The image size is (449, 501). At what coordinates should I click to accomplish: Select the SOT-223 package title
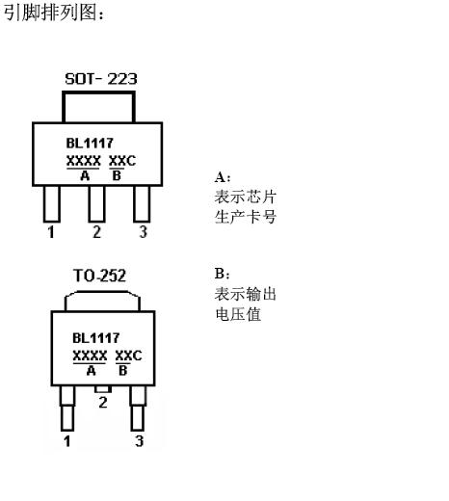pyautogui.click(x=101, y=79)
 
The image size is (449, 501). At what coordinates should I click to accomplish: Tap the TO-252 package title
pyautogui.click(x=100, y=276)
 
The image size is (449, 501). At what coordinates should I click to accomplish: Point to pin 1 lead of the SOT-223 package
pyautogui.click(x=52, y=204)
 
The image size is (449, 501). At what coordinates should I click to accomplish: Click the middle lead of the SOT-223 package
pyautogui.click(x=96, y=204)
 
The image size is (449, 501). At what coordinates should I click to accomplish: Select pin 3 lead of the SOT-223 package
pyautogui.click(x=142, y=204)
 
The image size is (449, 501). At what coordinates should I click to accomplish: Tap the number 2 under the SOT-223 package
pyautogui.click(x=96, y=232)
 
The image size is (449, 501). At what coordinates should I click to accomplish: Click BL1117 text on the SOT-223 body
pyautogui.click(x=90, y=144)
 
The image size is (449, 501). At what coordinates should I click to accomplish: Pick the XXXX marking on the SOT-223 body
pyautogui.click(x=84, y=161)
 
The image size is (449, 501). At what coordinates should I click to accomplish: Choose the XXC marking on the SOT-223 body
pyautogui.click(x=122, y=161)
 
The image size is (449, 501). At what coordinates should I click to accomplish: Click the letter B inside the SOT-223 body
pyautogui.click(x=117, y=175)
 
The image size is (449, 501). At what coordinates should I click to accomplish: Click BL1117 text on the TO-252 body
pyautogui.click(x=96, y=338)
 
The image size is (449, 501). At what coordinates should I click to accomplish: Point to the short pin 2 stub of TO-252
pyautogui.click(x=103, y=389)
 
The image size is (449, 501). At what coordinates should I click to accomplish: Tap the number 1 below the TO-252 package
pyautogui.click(x=67, y=441)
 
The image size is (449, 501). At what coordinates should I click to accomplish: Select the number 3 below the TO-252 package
pyautogui.click(x=139, y=441)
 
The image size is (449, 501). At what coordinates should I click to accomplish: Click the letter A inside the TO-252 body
pyautogui.click(x=92, y=371)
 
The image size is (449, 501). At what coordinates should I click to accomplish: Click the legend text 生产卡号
pyautogui.click(x=246, y=217)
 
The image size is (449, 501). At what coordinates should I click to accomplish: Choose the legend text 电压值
pyautogui.click(x=238, y=314)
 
